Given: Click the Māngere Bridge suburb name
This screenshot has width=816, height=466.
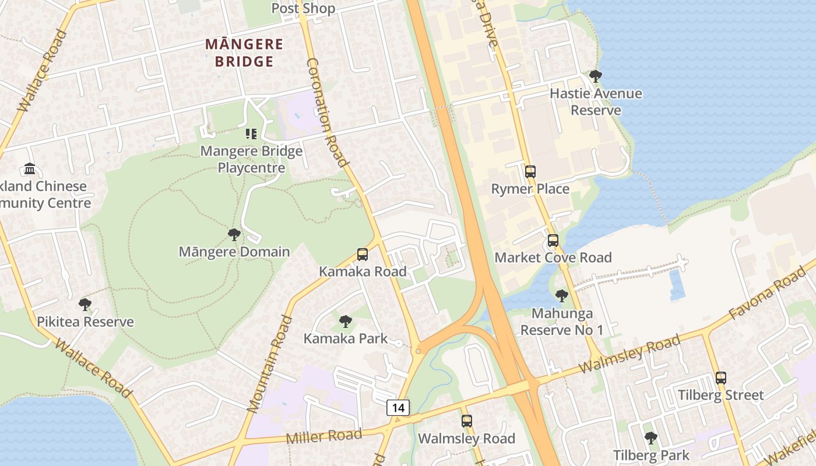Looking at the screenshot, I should pyautogui.click(x=244, y=52).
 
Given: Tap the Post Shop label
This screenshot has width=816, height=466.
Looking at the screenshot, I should pyautogui.click(x=303, y=8).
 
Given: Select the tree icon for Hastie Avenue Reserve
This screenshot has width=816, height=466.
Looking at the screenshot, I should pyautogui.click(x=595, y=76).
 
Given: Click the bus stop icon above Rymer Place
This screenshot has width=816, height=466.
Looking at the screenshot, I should pyautogui.click(x=530, y=172).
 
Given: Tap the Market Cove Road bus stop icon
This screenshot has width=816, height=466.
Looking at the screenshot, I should pyautogui.click(x=553, y=240).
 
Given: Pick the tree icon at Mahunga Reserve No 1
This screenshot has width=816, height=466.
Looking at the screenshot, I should pyautogui.click(x=561, y=296).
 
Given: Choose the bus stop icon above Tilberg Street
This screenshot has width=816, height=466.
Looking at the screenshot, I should pyautogui.click(x=721, y=378).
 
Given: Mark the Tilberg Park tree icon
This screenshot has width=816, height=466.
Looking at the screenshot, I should pyautogui.click(x=651, y=438).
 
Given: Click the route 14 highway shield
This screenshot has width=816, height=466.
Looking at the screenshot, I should pyautogui.click(x=398, y=408).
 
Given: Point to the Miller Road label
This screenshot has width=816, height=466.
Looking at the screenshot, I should pyautogui.click(x=323, y=436).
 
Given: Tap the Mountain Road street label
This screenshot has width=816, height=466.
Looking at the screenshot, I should pyautogui.click(x=269, y=364).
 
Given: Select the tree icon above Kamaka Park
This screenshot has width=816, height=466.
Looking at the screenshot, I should pyautogui.click(x=345, y=321).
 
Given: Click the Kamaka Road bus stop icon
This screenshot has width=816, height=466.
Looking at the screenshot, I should pyautogui.click(x=362, y=255).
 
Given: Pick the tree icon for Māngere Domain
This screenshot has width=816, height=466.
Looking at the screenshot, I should pyautogui.click(x=234, y=235).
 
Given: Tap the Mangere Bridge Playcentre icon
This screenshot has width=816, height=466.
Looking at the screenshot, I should pyautogui.click(x=251, y=134).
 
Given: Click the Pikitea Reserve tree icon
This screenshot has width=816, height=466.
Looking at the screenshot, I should pyautogui.click(x=85, y=305).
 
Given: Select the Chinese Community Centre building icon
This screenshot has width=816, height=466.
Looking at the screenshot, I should pyautogui.click(x=30, y=169).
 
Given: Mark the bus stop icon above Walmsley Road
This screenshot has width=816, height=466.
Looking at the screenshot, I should pyautogui.click(x=466, y=421).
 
